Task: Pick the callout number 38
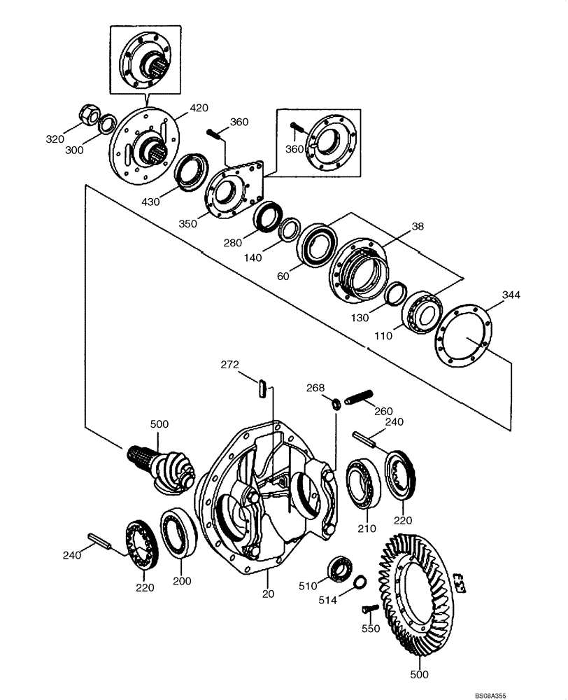(x=418, y=227)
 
